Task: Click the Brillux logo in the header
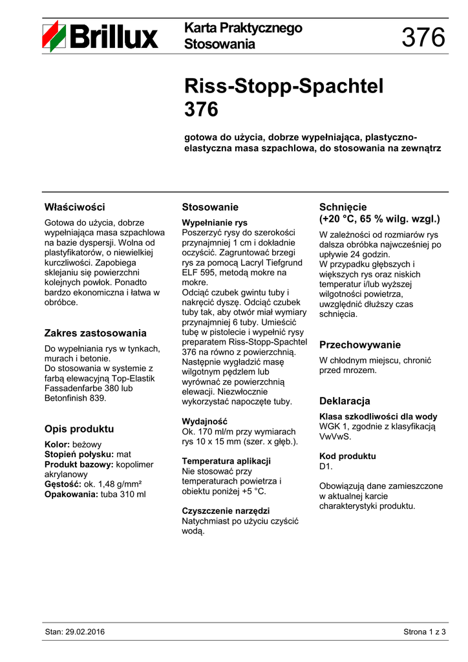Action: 100,36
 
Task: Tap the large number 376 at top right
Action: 423,38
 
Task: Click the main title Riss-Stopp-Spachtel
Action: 284,87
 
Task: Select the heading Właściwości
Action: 74,207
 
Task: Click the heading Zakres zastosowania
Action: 95,333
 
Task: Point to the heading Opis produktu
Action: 79,429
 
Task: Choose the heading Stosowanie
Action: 210,207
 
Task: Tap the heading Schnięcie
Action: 343,207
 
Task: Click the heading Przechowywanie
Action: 360,345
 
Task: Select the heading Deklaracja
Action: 345,400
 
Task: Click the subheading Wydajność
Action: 205,422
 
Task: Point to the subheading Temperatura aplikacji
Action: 226,461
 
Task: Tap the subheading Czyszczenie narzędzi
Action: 226,511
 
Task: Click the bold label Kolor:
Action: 57,445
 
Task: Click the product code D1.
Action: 325,466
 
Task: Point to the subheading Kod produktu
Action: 347,456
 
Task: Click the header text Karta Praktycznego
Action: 243,28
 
